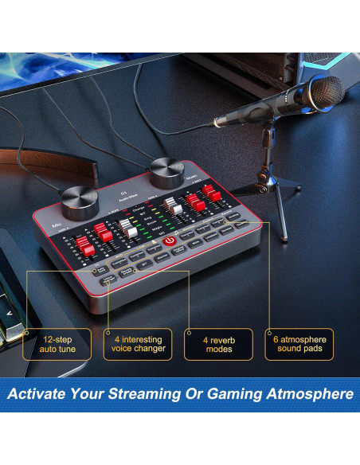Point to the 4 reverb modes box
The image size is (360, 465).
coord(218,343)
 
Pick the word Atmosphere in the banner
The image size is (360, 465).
coord(313,393)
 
